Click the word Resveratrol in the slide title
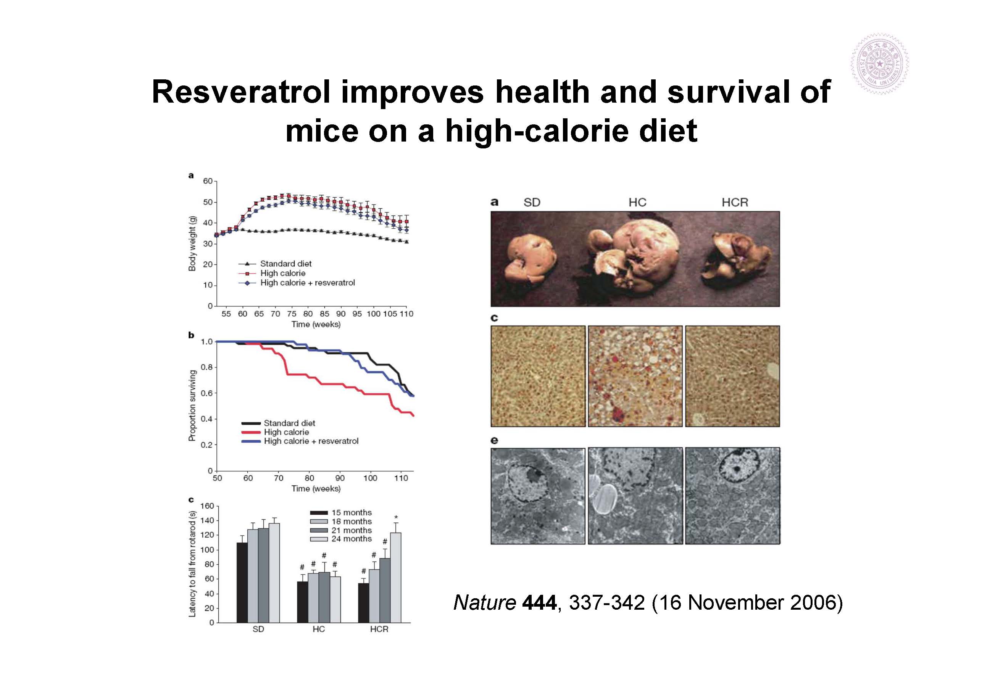[x=241, y=92]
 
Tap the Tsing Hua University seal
[x=879, y=64]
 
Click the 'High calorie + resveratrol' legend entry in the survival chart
[x=311, y=441]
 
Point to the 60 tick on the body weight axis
[x=208, y=181]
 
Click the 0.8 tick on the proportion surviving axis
[x=206, y=367]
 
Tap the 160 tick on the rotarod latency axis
[x=207, y=506]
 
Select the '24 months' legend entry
[x=351, y=539]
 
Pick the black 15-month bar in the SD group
[x=242, y=582]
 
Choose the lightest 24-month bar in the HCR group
[x=396, y=577]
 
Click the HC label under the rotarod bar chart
[x=319, y=630]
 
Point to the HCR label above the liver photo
[x=735, y=203]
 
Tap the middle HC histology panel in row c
[x=635, y=376]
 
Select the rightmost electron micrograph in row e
[x=733, y=496]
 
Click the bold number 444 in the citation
[x=539, y=602]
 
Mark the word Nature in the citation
[x=484, y=602]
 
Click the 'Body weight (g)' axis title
[x=192, y=243]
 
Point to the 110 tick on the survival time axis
[x=401, y=478]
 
